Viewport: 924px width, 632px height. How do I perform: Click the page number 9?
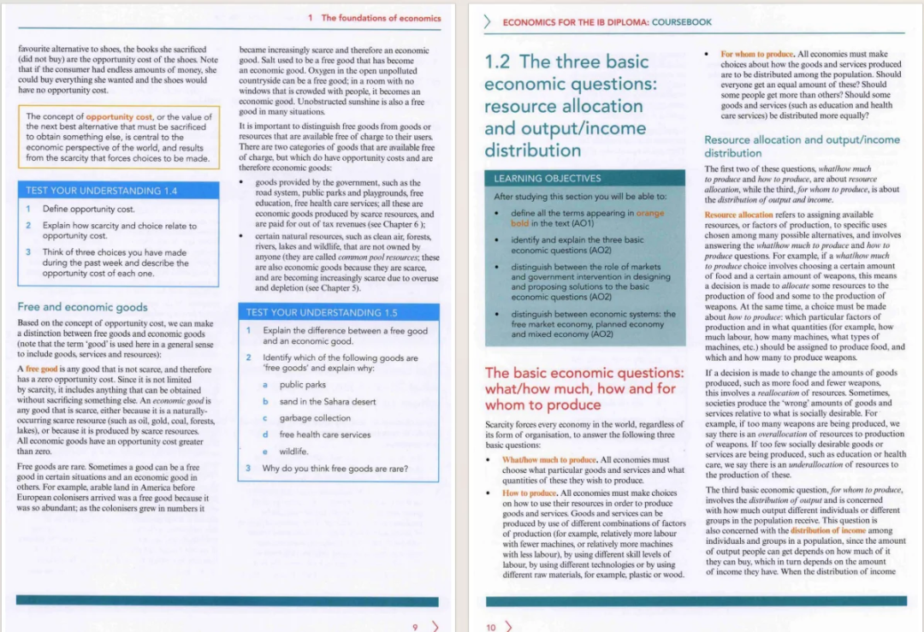pyautogui.click(x=416, y=627)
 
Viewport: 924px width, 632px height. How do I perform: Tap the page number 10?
pyautogui.click(x=491, y=627)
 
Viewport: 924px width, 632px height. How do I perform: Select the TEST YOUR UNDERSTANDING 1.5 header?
pyautogui.click(x=322, y=312)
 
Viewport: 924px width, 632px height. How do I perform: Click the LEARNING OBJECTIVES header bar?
pyautogui.click(x=548, y=178)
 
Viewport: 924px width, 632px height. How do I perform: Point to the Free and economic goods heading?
pyautogui.click(x=82, y=306)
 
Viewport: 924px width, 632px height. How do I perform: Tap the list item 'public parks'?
pyautogui.click(x=303, y=385)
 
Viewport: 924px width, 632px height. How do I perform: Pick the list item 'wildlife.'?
pyautogui.click(x=294, y=451)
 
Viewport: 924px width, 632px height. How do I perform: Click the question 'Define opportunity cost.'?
pyautogui.click(x=88, y=209)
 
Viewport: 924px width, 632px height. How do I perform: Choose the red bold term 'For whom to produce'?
pyautogui.click(x=757, y=54)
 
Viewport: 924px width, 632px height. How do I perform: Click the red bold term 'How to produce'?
pyautogui.click(x=529, y=493)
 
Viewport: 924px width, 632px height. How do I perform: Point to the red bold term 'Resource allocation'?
pyautogui.click(x=738, y=215)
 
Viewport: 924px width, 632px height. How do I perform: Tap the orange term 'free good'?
pyautogui.click(x=40, y=369)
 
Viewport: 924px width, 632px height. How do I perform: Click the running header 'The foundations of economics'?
pyautogui.click(x=381, y=18)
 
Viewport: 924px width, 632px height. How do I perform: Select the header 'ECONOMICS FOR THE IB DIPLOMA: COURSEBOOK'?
pyautogui.click(x=595, y=22)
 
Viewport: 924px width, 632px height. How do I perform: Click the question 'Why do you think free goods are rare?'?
pyautogui.click(x=335, y=468)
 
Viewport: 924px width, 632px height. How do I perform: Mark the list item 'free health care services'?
pyautogui.click(x=325, y=434)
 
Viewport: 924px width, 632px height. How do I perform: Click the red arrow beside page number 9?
pyautogui.click(x=435, y=626)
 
